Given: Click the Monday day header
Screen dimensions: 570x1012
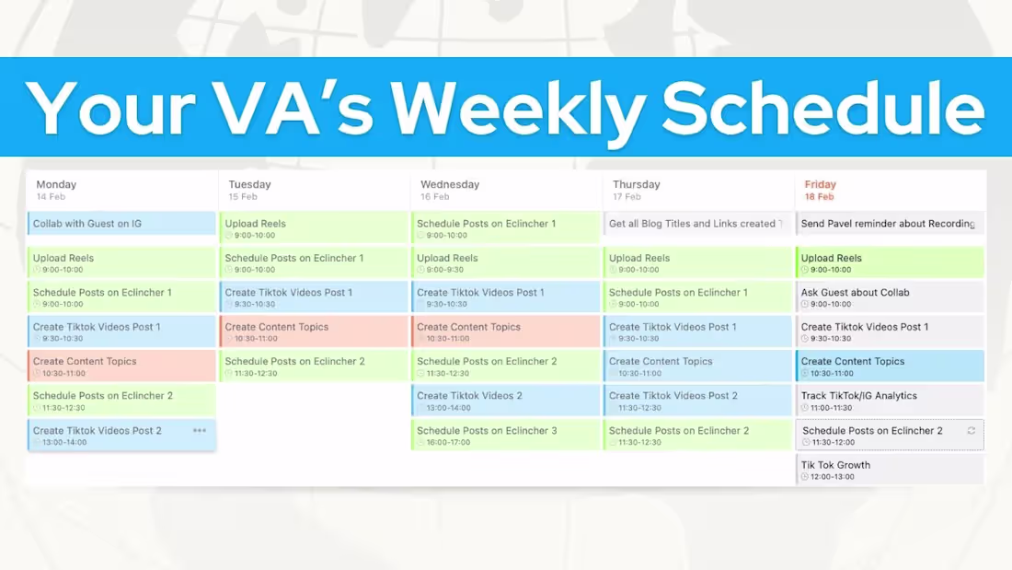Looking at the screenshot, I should pyautogui.click(x=56, y=184).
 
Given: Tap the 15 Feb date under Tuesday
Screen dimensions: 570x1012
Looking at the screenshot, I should pyautogui.click(x=243, y=197).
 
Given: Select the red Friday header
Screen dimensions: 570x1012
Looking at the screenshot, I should pyautogui.click(x=820, y=184).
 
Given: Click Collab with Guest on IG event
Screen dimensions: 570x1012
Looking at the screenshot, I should pyautogui.click(x=121, y=224).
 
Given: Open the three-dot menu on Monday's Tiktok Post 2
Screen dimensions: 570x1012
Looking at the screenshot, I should pyautogui.click(x=200, y=430).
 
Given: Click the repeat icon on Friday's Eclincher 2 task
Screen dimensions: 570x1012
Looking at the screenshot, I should pyautogui.click(x=971, y=430).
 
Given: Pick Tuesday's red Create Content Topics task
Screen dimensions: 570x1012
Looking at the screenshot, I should pyautogui.click(x=314, y=332).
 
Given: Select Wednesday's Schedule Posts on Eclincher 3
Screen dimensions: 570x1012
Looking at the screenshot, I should pyautogui.click(x=505, y=436).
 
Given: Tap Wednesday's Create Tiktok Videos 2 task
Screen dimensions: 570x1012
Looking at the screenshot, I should pyautogui.click(x=505, y=401).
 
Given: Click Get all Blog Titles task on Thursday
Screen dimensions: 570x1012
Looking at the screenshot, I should pyautogui.click(x=696, y=224).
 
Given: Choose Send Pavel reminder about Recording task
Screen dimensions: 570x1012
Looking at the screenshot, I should pyautogui.click(x=889, y=224).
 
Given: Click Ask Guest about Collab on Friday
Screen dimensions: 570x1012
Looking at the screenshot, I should pyautogui.click(x=889, y=297).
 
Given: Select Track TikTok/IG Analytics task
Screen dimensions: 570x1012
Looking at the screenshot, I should pyautogui.click(x=889, y=401).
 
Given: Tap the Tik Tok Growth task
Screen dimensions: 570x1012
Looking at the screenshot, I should pyautogui.click(x=889, y=470).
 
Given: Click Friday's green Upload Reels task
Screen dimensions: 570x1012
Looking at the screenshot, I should pyautogui.click(x=889, y=262).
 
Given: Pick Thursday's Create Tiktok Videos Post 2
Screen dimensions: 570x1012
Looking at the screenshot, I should pyautogui.click(x=696, y=401).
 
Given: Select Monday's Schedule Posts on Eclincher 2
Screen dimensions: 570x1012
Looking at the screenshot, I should pyautogui.click(x=121, y=401).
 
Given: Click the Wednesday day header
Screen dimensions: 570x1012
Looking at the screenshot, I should pyautogui.click(x=450, y=184).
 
